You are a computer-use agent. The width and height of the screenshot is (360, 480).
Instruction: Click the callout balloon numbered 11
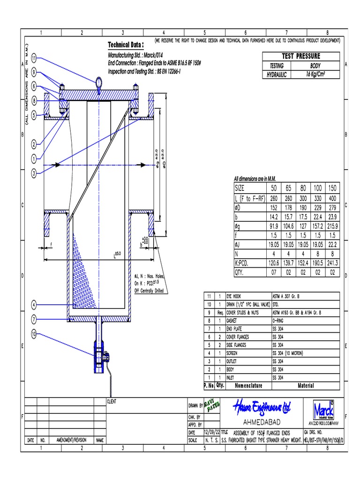tap(34, 58)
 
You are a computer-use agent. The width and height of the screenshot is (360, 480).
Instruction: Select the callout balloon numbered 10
tap(34, 334)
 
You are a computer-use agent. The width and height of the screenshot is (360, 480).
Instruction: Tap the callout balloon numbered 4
tap(34, 305)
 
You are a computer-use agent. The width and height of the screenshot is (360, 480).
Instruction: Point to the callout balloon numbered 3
tap(34, 173)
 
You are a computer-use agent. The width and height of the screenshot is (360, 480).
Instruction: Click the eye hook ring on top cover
tap(98, 82)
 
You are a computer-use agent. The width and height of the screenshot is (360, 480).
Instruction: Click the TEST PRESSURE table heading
tap(301, 56)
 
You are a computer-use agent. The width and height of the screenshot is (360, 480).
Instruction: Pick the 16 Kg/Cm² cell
tap(316, 74)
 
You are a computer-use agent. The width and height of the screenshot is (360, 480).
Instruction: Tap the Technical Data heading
tap(126, 45)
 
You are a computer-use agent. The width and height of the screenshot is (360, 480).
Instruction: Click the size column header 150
tap(333, 187)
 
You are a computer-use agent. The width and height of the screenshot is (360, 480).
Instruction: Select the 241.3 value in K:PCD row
tap(333, 263)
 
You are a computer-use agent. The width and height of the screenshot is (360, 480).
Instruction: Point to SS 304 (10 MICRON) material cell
tap(288, 352)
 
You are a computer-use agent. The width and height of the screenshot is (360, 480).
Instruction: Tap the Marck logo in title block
tap(323, 406)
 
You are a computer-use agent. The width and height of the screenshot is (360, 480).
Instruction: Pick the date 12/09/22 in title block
tap(211, 432)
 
